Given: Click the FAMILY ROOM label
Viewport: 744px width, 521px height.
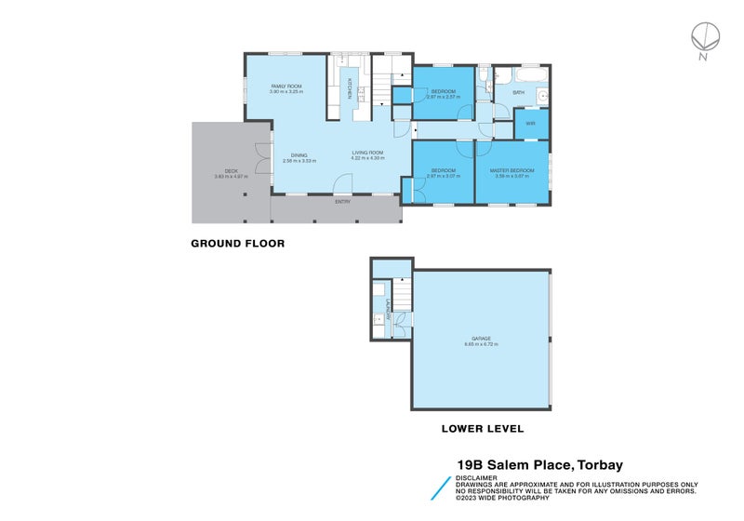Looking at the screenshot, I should (x=286, y=86).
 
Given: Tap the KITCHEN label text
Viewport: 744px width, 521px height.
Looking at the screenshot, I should (x=350, y=87).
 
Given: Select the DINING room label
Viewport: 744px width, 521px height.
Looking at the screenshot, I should (x=299, y=155).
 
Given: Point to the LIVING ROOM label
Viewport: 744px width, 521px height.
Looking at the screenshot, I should (x=367, y=153).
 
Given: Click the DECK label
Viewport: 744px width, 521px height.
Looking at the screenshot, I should (x=219, y=171).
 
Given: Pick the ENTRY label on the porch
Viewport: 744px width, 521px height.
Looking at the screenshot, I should (x=343, y=201).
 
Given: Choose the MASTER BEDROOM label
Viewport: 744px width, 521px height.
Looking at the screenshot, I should (x=511, y=170).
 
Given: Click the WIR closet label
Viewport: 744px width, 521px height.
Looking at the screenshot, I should (x=530, y=123).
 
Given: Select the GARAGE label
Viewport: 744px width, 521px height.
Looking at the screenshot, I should (x=481, y=339).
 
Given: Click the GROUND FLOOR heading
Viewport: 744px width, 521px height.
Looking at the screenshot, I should (x=237, y=244).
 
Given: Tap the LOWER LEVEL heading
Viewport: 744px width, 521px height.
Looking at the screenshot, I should (x=482, y=429).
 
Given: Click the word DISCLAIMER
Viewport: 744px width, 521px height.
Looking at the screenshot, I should (x=477, y=478).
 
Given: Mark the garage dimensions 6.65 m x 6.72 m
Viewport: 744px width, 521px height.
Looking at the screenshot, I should (x=481, y=345).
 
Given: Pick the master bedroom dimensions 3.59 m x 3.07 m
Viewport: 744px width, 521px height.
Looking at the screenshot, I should (x=511, y=176).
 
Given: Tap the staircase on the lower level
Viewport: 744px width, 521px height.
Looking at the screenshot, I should (x=401, y=297).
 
